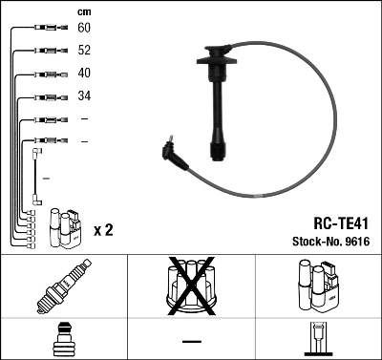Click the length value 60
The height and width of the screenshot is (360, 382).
(x=84, y=30)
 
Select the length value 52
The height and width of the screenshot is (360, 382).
(x=84, y=52)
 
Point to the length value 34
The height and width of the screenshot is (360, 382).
(x=84, y=97)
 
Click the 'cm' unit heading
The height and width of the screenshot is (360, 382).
(x=84, y=11)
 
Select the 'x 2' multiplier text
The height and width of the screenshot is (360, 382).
(x=103, y=231)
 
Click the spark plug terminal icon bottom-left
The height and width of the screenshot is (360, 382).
(x=63, y=340)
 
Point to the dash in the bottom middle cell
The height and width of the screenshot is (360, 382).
(x=190, y=340)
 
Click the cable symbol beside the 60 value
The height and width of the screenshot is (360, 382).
(x=44, y=30)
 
